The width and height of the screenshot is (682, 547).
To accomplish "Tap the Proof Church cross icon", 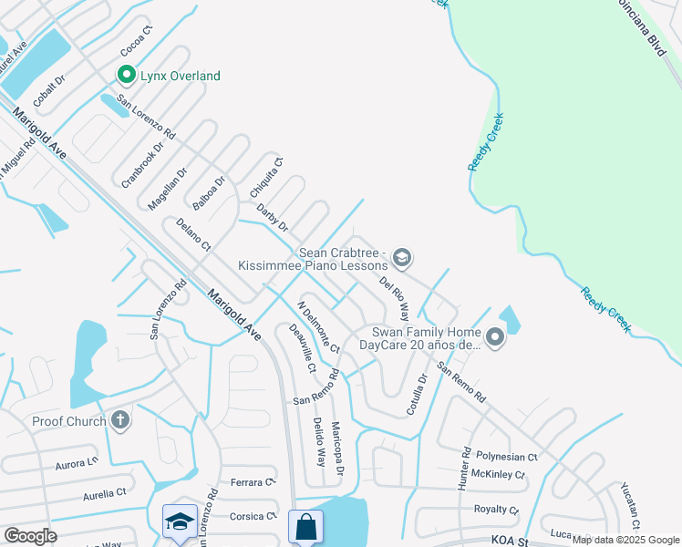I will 119,420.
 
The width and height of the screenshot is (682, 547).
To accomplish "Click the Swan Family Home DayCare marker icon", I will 494,338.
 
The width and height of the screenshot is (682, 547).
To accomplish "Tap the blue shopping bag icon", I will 305,525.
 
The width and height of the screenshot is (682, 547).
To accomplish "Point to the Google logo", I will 30,536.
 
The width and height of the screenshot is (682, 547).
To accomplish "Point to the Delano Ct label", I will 192,233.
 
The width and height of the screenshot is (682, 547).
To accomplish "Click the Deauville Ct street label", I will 302,348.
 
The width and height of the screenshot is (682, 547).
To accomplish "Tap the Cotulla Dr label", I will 417,394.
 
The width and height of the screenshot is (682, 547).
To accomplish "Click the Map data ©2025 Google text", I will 625,539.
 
